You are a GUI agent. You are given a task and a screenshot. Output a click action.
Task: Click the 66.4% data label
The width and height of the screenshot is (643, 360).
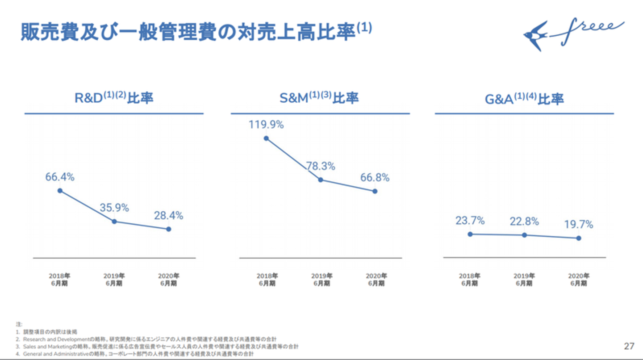pos(60,177)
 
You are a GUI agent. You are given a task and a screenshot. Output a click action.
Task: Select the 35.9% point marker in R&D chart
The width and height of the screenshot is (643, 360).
pos(114,222)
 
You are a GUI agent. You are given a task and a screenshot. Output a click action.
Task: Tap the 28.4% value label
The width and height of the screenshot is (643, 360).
pos(169,215)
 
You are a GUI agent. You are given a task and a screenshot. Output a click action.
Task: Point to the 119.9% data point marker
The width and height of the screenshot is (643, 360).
pos(266,138)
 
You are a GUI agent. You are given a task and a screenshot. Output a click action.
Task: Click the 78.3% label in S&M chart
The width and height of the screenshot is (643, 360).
pos(321,167)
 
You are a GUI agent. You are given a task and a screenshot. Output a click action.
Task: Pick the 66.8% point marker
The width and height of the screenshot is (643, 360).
pos(375,191)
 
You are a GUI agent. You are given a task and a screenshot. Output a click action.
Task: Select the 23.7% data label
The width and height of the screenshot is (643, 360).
pos(470,221)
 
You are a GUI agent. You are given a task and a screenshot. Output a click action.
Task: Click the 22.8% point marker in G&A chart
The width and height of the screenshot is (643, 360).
pos(524,235)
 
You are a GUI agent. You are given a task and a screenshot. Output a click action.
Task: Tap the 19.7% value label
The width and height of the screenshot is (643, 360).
pos(579,224)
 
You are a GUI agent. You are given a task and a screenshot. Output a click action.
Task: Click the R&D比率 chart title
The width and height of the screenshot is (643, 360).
pos(114,98)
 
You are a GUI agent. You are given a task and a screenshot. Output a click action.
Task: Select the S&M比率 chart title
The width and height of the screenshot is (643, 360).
pos(319,98)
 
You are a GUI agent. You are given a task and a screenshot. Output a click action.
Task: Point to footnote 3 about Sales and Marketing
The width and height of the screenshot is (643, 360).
pos(161,347)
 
